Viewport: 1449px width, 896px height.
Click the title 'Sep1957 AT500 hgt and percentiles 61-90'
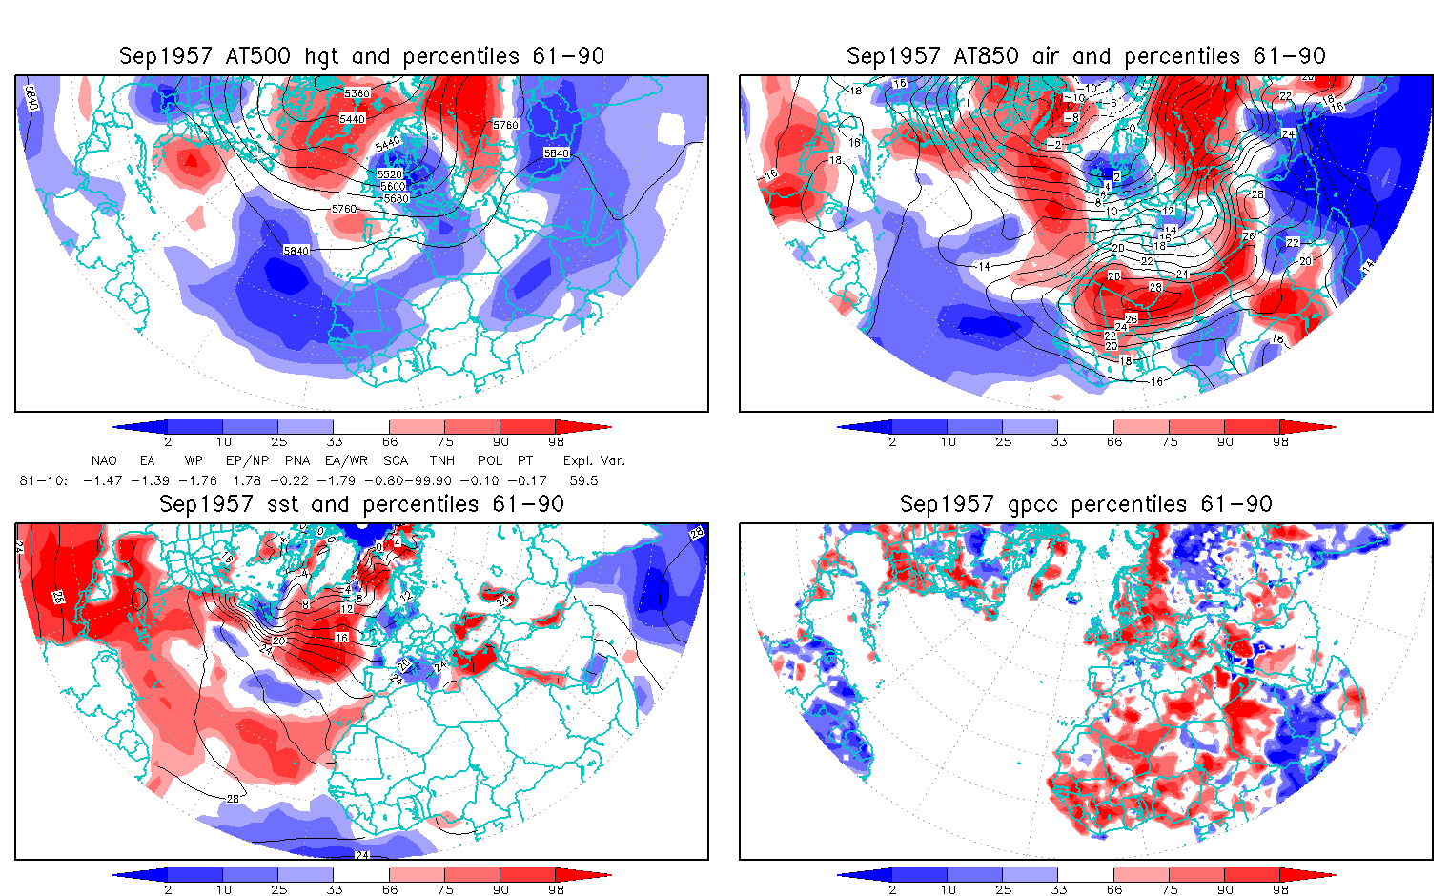(x=361, y=56)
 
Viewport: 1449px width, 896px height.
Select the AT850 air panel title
(x=1086, y=56)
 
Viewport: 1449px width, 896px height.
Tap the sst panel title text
(x=361, y=504)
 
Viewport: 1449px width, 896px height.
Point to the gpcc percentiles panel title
(x=1086, y=504)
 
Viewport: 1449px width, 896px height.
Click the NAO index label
(x=104, y=460)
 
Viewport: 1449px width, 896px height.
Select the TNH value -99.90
(x=428, y=480)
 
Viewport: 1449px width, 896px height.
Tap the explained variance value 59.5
(x=583, y=480)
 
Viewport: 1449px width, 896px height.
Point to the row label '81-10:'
(x=44, y=480)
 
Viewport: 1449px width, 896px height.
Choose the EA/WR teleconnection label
(x=346, y=460)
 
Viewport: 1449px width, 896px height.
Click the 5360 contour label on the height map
(x=357, y=93)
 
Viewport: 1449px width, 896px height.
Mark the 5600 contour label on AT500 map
(x=393, y=187)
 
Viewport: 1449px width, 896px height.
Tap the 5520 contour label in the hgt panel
(x=390, y=174)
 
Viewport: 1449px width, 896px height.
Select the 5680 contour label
(x=396, y=198)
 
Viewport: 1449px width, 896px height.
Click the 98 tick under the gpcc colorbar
(x=1280, y=889)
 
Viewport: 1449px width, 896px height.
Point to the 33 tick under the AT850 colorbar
(x=1058, y=441)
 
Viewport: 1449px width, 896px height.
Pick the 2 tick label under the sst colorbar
(x=168, y=889)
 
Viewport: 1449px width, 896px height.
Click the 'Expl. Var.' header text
(x=594, y=460)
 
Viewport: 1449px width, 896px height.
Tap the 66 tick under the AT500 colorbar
(x=390, y=441)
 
